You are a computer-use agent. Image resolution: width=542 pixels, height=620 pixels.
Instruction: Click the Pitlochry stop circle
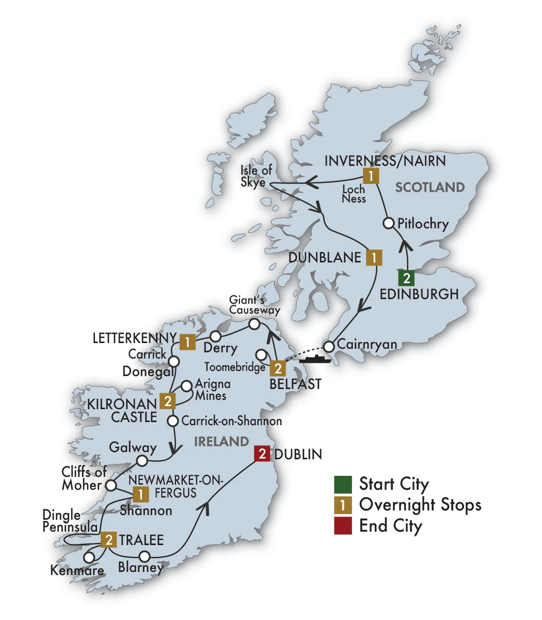pyautogui.click(x=389, y=223)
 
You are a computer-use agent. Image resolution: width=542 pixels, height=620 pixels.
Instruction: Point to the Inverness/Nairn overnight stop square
pyautogui.click(x=371, y=176)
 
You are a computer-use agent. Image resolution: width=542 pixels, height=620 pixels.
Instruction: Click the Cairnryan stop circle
pyautogui.click(x=328, y=345)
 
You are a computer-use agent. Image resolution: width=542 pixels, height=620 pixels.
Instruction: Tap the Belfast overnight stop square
pyautogui.click(x=278, y=368)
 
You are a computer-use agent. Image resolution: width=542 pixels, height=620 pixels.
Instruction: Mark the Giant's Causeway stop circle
pyautogui.click(x=254, y=324)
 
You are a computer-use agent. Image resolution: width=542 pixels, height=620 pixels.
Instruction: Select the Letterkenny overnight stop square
pyautogui.click(x=188, y=342)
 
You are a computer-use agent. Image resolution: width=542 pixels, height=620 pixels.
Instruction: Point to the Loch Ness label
pyautogui.click(x=354, y=194)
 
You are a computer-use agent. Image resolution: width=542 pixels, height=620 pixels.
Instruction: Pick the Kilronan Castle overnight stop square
pyautogui.click(x=167, y=400)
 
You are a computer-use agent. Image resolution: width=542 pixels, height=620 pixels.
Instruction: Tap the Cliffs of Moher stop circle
pyautogui.click(x=110, y=485)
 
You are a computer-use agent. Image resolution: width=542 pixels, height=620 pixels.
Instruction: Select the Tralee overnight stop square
pyautogui.click(x=109, y=540)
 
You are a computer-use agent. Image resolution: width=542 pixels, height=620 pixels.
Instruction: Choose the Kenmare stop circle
pyautogui.click(x=89, y=557)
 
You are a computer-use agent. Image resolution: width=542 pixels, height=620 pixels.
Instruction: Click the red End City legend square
pyautogui.click(x=343, y=526)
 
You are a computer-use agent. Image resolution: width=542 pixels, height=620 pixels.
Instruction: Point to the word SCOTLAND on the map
pyautogui.click(x=430, y=187)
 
